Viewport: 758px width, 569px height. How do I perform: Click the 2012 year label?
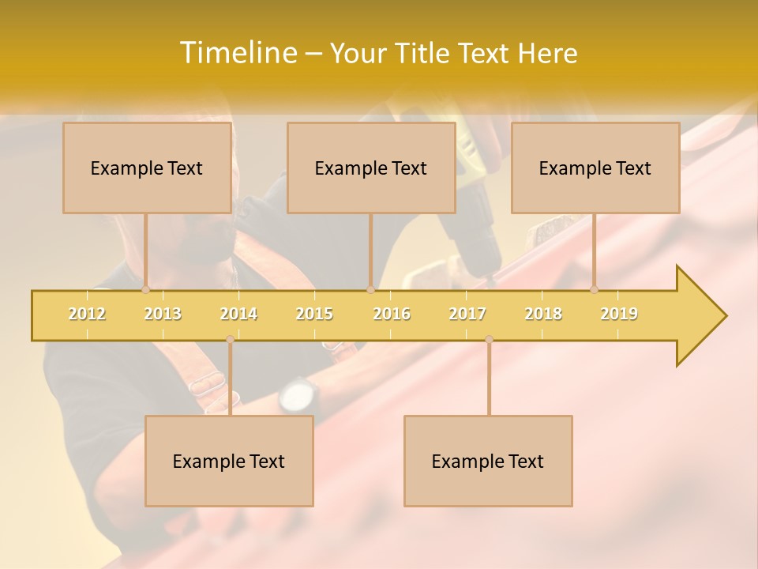pyautogui.click(x=87, y=314)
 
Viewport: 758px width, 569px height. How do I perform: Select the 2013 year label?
pyautogui.click(x=163, y=314)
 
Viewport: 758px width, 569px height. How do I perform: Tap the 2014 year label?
pyautogui.click(x=238, y=314)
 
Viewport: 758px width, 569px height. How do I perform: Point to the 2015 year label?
pyautogui.click(x=314, y=314)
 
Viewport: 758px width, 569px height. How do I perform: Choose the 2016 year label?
pyautogui.click(x=392, y=314)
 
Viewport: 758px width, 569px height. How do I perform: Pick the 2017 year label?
pyautogui.click(x=467, y=314)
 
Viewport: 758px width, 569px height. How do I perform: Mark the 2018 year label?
pyautogui.click(x=543, y=314)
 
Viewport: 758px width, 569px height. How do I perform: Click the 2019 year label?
pyautogui.click(x=619, y=314)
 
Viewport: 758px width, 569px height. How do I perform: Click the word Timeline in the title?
pyautogui.click(x=237, y=53)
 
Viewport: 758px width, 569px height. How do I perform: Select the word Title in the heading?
pyautogui.click(x=424, y=54)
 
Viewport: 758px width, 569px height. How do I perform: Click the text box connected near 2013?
pyautogui.click(x=147, y=168)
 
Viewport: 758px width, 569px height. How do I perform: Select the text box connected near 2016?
pyautogui.click(x=371, y=168)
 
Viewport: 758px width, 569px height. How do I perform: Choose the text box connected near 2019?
pyautogui.click(x=595, y=168)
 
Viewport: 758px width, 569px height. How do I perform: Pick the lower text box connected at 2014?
pyautogui.click(x=229, y=461)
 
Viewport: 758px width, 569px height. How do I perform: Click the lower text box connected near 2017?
pyautogui.click(x=488, y=461)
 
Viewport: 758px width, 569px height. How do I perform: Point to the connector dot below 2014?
pyautogui.click(x=230, y=339)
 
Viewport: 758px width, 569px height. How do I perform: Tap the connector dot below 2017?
pyautogui.click(x=489, y=339)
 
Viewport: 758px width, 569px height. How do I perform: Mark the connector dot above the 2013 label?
pyautogui.click(x=145, y=289)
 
